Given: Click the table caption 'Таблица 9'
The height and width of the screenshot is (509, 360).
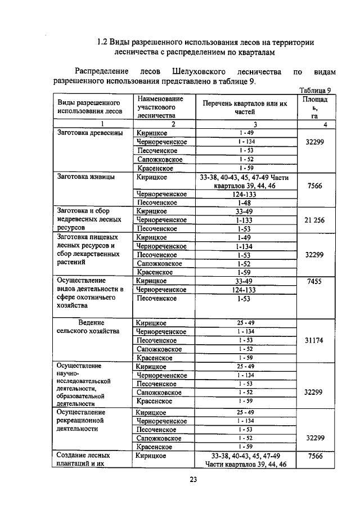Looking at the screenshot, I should tap(318, 90).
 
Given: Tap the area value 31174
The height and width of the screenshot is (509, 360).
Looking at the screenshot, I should tap(314, 340).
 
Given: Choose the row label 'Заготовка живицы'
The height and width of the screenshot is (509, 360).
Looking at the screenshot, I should tap(85, 177).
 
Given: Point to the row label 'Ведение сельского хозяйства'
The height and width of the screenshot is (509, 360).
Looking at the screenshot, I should tap(88, 327).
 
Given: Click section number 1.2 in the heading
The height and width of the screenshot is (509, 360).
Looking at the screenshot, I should tap(102, 42).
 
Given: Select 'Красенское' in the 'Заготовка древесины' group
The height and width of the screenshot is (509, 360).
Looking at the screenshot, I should tap(155, 168).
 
